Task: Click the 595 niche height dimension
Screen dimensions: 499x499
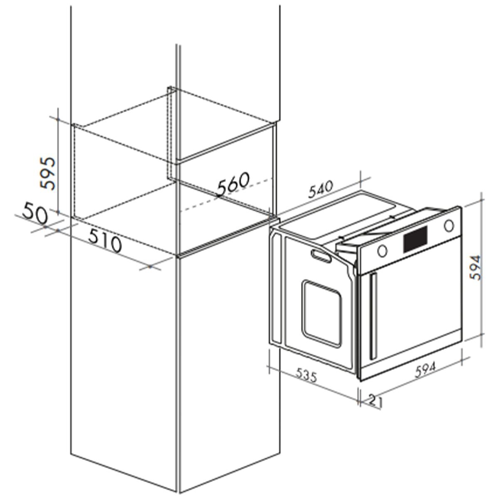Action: click(x=48, y=174)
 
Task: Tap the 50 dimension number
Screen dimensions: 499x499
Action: click(x=35, y=214)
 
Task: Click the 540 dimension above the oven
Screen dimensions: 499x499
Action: click(x=321, y=190)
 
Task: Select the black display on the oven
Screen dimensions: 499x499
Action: click(x=415, y=239)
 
